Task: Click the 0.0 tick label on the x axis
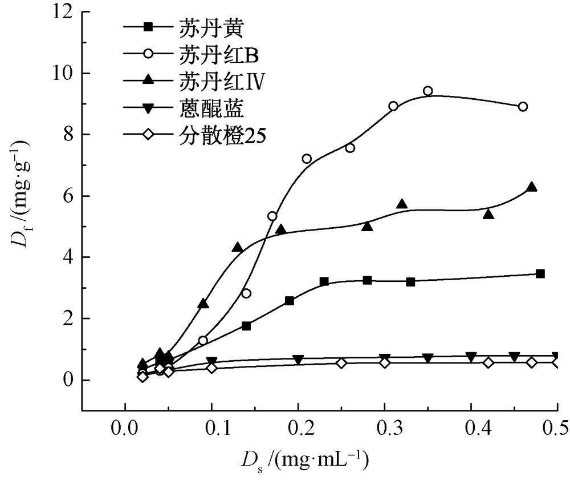[x=125, y=427]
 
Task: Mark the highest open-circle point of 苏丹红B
[x=427, y=91]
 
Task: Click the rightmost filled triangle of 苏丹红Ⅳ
[x=532, y=187]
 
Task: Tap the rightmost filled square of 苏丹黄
[x=540, y=274]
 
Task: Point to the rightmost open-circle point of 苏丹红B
[x=523, y=107]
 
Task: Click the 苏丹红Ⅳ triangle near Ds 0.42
[x=488, y=215]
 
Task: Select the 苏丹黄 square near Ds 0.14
[x=246, y=326]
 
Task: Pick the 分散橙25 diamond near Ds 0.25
[x=341, y=363]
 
